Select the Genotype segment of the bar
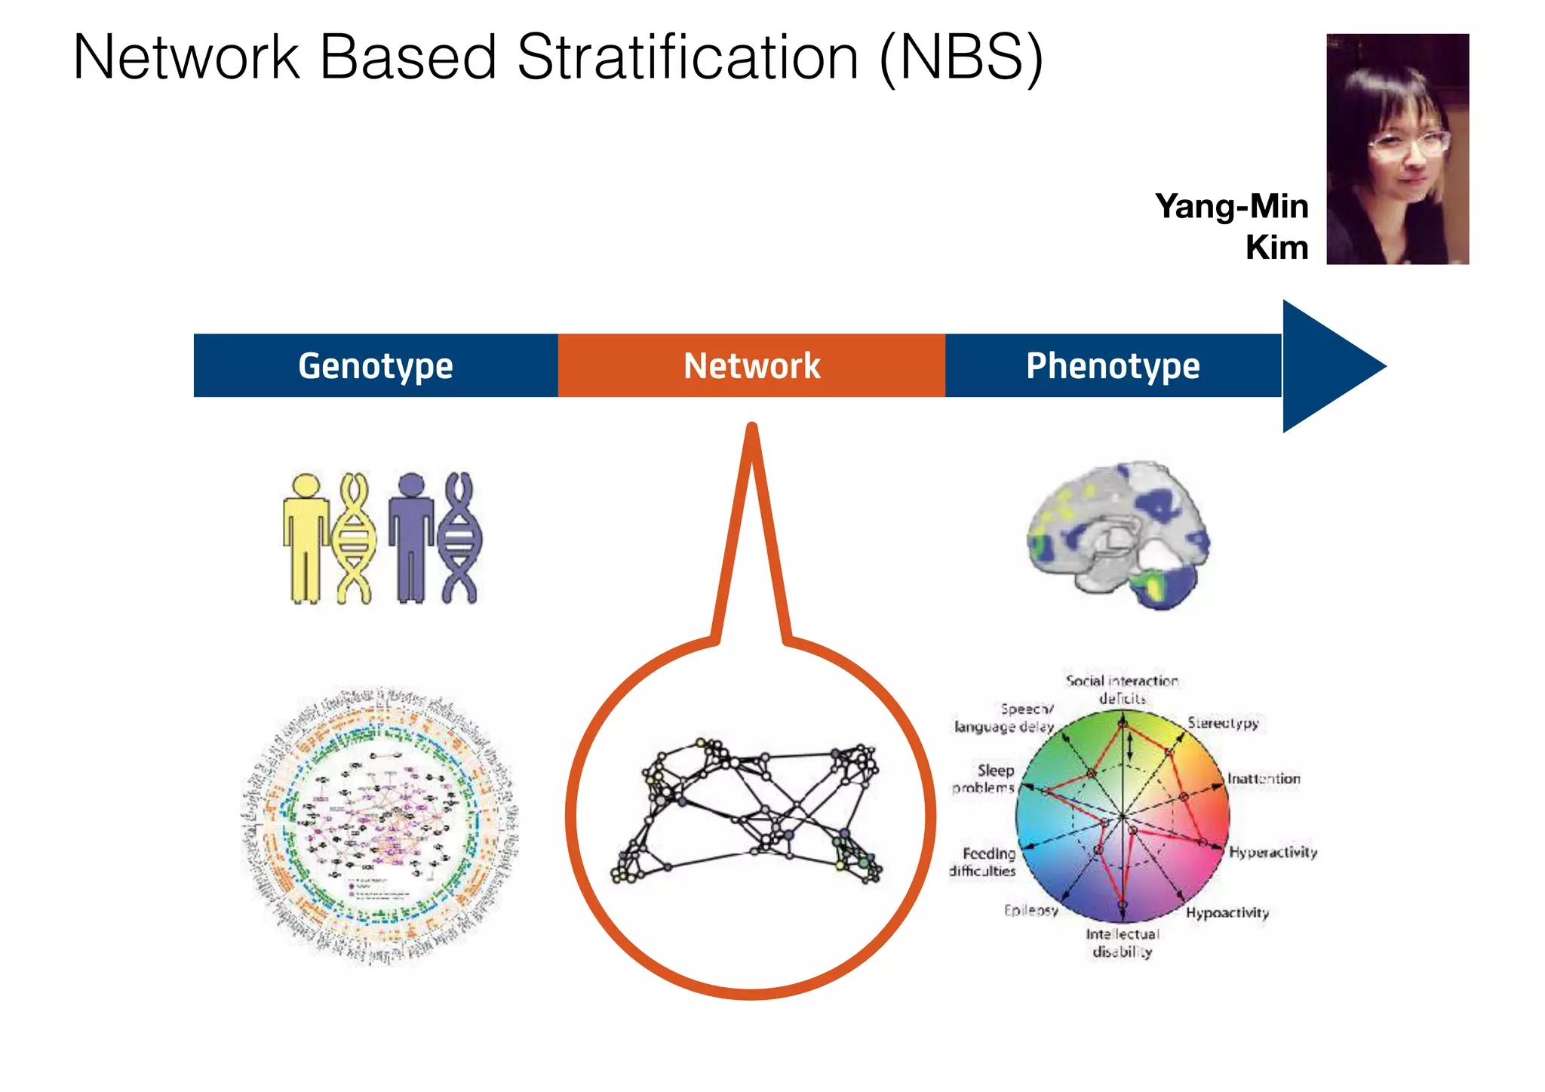(x=376, y=366)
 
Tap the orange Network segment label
(x=751, y=366)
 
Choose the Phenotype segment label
(x=1113, y=366)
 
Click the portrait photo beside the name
(x=1397, y=149)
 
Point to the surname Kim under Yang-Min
(x=1276, y=248)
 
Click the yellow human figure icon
(x=306, y=538)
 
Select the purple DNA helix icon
(x=459, y=538)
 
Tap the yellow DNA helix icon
(x=354, y=538)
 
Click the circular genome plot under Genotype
(x=380, y=827)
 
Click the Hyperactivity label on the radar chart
(x=1273, y=852)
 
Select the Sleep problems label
(x=984, y=779)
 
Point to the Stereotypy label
(x=1223, y=723)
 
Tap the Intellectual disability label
(x=1123, y=943)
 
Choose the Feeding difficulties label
(x=983, y=862)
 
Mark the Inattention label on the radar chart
(x=1264, y=778)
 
